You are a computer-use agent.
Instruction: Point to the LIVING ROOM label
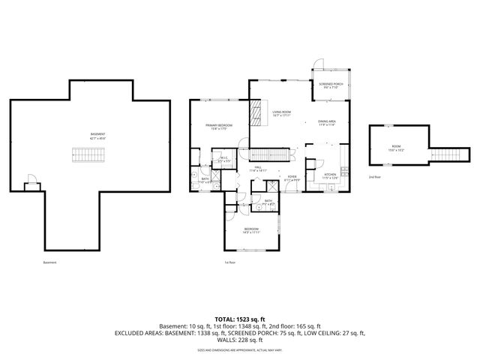pos(282,113)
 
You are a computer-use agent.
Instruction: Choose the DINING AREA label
pos(326,122)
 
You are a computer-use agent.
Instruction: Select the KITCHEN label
pos(330,175)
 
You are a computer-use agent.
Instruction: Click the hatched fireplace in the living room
pos(254,115)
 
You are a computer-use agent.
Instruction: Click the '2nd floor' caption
pos(374,177)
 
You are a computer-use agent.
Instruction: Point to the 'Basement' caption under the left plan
pos(49,262)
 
